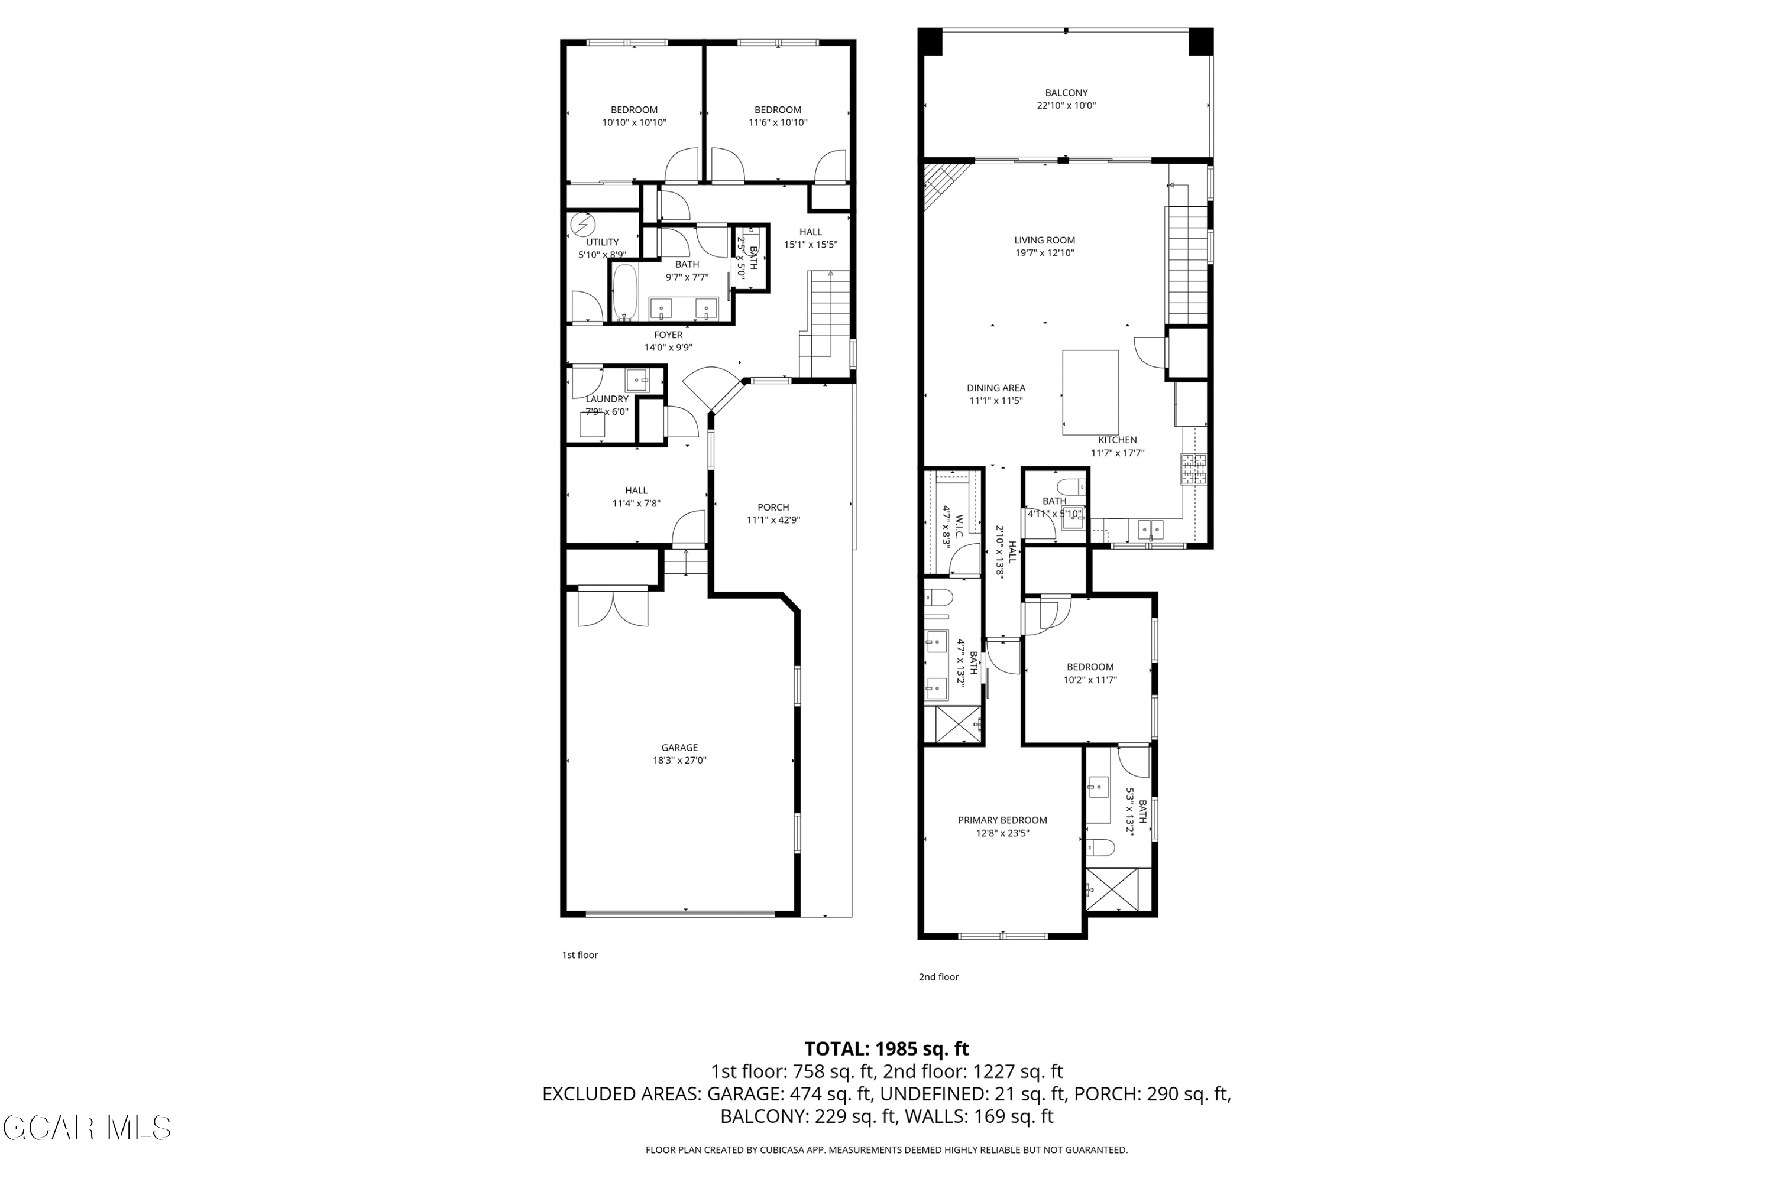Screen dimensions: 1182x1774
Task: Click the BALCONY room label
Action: (x=1066, y=93)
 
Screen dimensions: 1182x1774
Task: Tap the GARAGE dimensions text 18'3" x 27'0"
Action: (x=679, y=761)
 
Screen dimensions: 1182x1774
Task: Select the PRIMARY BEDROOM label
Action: (x=1002, y=820)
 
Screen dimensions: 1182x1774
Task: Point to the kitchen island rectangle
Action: (x=1090, y=392)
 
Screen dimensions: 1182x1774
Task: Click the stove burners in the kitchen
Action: (x=1193, y=469)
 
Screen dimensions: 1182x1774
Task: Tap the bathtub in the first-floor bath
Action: (x=624, y=293)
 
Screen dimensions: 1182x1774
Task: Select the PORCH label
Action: (x=773, y=507)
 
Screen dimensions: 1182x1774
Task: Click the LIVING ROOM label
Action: (x=1045, y=241)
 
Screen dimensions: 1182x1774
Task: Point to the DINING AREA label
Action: (x=996, y=388)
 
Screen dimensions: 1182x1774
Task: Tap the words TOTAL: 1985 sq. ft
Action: (x=886, y=1048)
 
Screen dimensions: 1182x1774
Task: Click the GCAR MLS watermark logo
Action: (x=87, y=1128)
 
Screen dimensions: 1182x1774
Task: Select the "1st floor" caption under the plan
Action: (x=580, y=955)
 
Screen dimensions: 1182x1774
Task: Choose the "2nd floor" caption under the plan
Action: (x=938, y=977)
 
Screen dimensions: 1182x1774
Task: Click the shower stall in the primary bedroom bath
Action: (x=1111, y=889)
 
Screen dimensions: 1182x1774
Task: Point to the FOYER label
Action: (x=668, y=335)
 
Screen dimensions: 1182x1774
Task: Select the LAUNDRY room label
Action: (x=607, y=399)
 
